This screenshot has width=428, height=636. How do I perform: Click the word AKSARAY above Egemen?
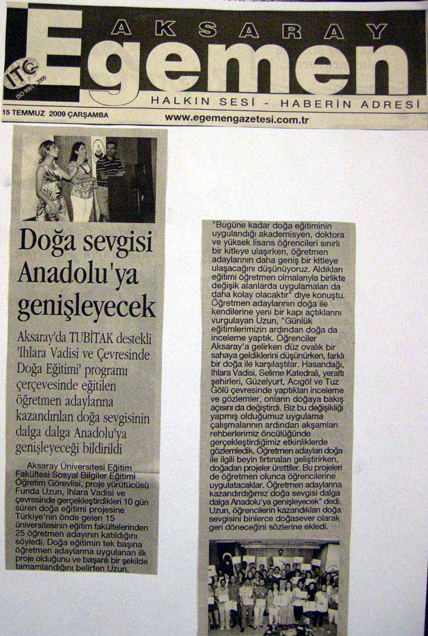(x=248, y=30)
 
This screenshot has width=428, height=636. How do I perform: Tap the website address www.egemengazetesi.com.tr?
(x=236, y=118)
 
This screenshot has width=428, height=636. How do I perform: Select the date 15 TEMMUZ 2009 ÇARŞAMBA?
(x=55, y=114)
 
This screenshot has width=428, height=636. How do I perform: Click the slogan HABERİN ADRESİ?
(x=349, y=104)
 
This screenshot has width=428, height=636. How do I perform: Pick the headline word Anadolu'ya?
(x=78, y=274)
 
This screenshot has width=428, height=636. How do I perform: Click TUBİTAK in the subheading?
(x=92, y=338)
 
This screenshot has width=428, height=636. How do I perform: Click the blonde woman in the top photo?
(x=49, y=179)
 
